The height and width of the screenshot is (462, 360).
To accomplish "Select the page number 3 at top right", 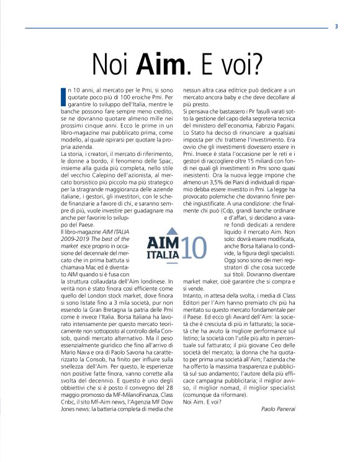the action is click(x=336, y=26).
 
